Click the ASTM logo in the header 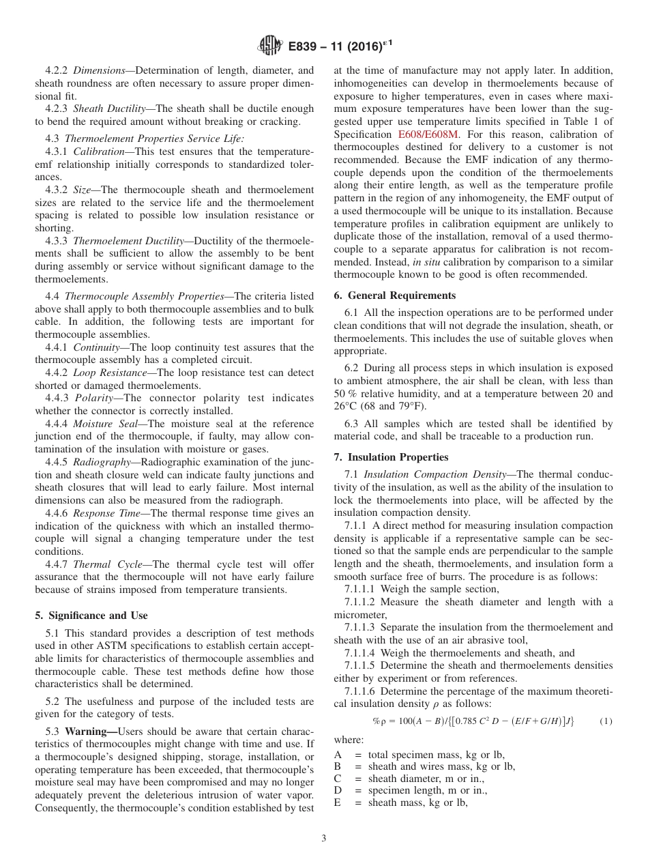pyautogui.click(x=271, y=46)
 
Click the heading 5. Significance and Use pyautogui.click(x=91, y=616)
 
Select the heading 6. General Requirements pyautogui.click(x=395, y=295)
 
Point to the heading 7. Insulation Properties pyautogui.click(x=391, y=457)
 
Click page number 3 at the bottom pyautogui.click(x=324, y=838)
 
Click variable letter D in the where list pyautogui.click(x=338, y=790)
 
